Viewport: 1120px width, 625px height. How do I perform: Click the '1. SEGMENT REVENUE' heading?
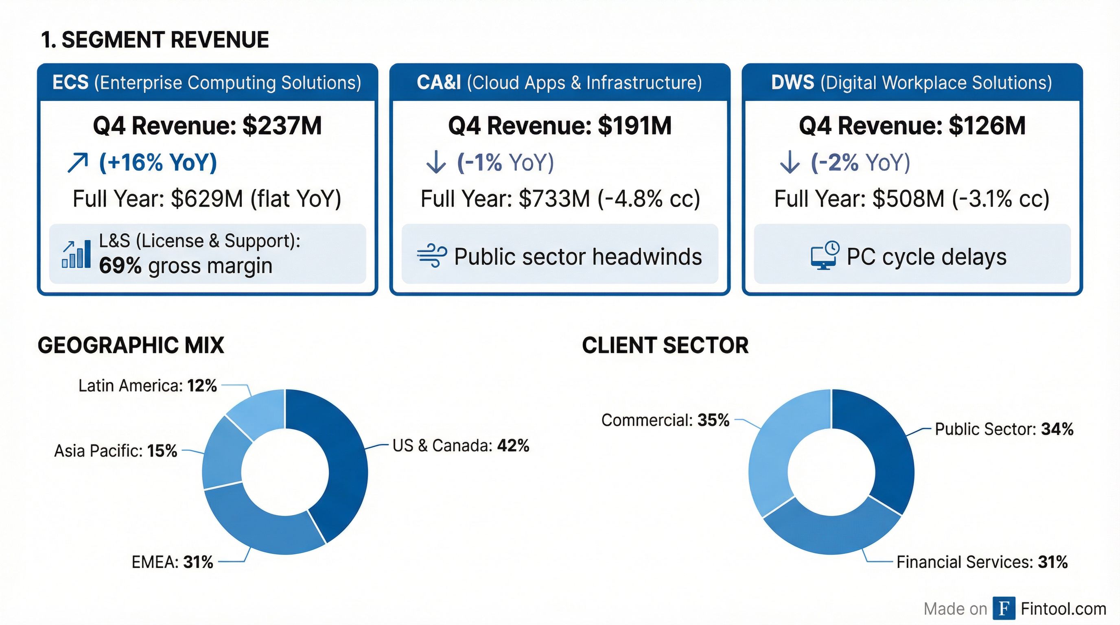(x=155, y=40)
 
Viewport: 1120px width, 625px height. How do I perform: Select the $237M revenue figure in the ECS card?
(x=282, y=126)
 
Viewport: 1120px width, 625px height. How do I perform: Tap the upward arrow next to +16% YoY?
(x=78, y=163)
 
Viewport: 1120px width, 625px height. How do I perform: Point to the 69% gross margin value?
(x=120, y=266)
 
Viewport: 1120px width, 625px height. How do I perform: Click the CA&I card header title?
(x=559, y=83)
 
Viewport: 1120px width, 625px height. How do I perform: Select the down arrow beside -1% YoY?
(x=435, y=163)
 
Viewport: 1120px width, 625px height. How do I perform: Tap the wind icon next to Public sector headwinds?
(x=431, y=256)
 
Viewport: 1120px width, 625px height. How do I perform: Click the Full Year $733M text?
(x=560, y=199)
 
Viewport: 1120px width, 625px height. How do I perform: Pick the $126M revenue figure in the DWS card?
(x=987, y=126)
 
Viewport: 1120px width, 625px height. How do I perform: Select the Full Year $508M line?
(x=912, y=199)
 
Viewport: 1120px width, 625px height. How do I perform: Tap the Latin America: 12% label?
(x=147, y=385)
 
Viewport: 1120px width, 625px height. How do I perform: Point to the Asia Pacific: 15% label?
(x=116, y=451)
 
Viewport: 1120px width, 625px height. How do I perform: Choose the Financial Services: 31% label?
(x=982, y=562)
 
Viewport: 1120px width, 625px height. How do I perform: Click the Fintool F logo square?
(x=1004, y=608)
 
